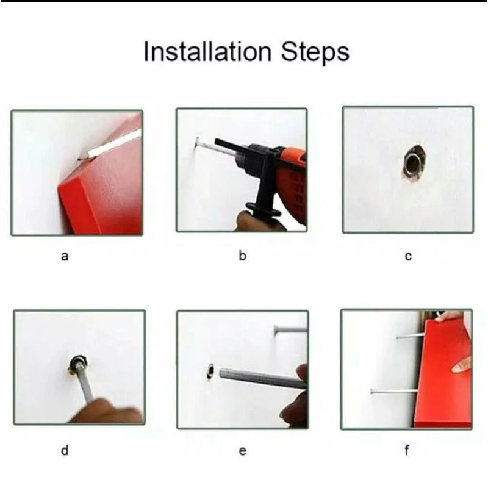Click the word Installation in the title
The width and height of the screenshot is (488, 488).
point(207,52)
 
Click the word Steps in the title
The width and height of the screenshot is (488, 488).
point(315,52)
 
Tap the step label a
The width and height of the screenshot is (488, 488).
point(65,256)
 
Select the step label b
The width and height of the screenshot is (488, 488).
point(242,256)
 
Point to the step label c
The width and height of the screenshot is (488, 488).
point(408,256)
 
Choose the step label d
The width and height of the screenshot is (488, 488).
point(65,450)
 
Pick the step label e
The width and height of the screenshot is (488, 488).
point(243,451)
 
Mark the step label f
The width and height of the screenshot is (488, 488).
point(407,450)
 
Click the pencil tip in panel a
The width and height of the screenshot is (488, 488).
point(80,159)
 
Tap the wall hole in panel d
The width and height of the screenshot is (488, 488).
point(77,364)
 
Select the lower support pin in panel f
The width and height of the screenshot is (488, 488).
point(393,391)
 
